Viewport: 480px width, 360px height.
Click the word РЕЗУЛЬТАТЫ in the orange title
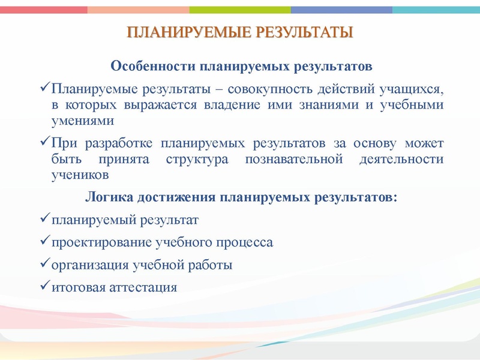305,32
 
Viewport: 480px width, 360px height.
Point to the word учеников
80,175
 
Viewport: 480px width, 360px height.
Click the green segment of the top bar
240,10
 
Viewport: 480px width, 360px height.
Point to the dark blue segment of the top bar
342,10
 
